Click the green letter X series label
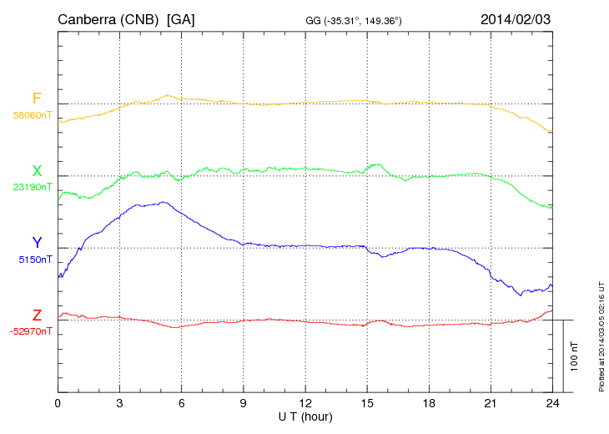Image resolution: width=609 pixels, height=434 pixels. [x=37, y=170]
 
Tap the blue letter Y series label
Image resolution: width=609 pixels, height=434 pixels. [x=37, y=243]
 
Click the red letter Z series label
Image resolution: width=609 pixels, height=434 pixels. [x=37, y=315]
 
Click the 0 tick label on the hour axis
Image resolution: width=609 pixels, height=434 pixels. [x=58, y=403]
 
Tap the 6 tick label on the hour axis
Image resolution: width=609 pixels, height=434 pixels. [x=181, y=403]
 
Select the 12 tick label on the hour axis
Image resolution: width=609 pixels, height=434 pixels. [x=305, y=403]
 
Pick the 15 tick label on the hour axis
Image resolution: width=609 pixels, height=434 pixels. [x=367, y=403]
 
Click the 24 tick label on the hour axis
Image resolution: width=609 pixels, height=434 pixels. [x=551, y=403]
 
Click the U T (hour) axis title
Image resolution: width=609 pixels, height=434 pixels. [x=305, y=416]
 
